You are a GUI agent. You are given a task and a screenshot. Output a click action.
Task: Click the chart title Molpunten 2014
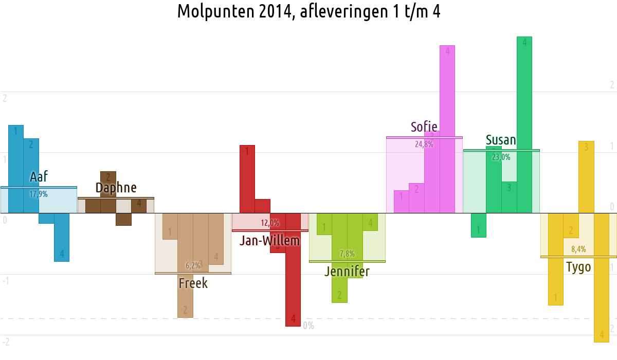click(x=308, y=11)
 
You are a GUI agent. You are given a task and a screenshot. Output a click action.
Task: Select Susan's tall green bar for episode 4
click(x=524, y=123)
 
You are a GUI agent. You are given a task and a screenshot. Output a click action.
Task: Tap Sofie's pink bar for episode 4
click(x=447, y=129)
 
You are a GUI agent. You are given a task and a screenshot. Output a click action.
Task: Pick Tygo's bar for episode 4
click(x=602, y=278)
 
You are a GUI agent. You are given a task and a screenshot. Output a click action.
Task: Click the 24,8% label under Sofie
click(x=424, y=145)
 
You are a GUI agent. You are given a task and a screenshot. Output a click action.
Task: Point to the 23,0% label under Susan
click(x=501, y=157)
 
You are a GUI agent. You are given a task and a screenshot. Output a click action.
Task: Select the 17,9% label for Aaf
click(x=39, y=194)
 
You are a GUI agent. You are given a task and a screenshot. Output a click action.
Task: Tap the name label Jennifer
click(x=347, y=271)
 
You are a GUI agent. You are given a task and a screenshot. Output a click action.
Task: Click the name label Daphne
click(x=116, y=188)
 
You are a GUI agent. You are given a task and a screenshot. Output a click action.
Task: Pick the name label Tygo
click(x=578, y=267)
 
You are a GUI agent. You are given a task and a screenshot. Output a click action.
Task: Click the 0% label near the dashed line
click(x=308, y=326)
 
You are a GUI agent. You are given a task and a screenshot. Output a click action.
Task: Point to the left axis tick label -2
click(x=6, y=342)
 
